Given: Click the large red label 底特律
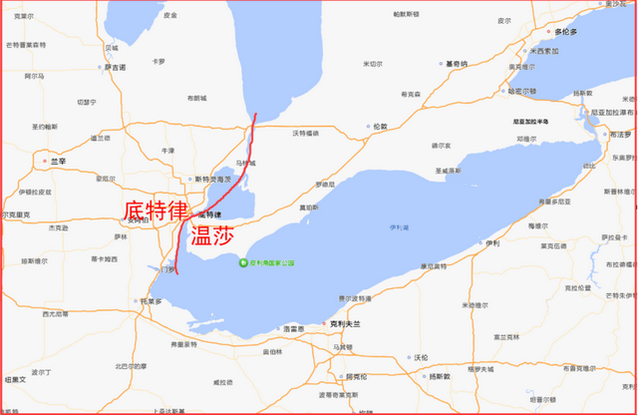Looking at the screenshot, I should coord(155,211).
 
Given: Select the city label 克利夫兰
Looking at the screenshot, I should coord(345,325).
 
